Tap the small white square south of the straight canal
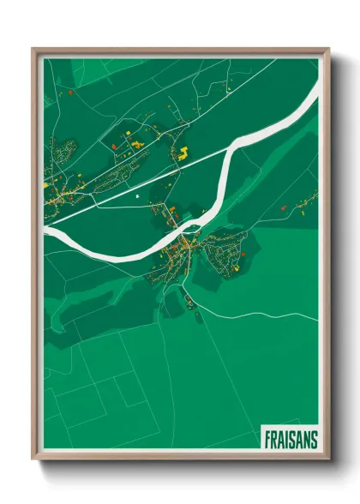click(x=136, y=198)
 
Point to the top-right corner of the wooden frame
click(x=328, y=50)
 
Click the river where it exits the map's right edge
click(x=316, y=101)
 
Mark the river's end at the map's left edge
click(x=45, y=231)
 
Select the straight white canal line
click(x=154, y=181)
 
